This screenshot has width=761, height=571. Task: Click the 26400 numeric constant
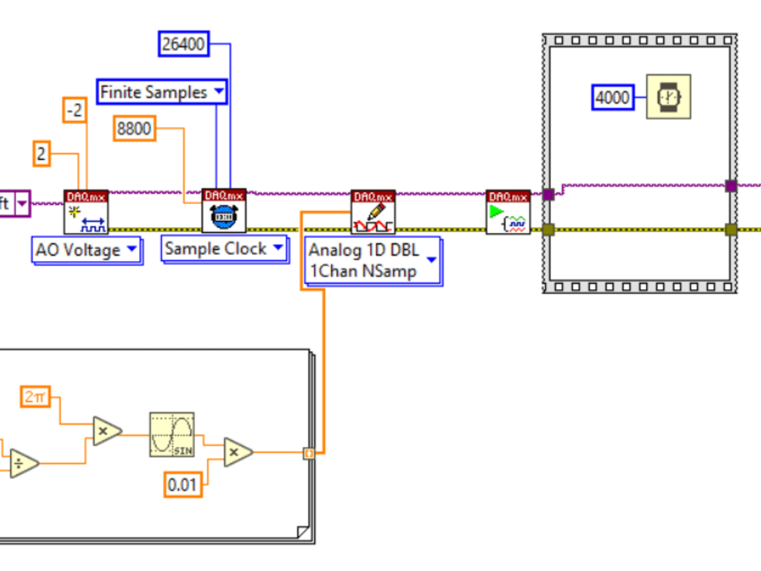183,44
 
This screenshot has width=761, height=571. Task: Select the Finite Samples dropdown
162,92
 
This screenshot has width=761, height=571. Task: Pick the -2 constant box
75,111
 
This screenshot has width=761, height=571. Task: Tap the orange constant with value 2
41,155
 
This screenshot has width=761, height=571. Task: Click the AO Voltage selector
86,250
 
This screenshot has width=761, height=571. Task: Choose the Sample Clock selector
224,249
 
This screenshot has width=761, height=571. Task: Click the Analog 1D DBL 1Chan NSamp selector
372,260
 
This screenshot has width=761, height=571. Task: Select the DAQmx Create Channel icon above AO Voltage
86,212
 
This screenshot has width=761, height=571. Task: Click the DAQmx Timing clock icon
224,211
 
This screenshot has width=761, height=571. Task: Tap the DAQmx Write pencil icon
373,212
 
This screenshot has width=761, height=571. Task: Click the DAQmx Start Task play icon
508,212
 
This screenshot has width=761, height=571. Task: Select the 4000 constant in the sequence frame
613,97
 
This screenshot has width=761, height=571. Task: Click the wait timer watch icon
668,97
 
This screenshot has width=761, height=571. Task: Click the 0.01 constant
183,484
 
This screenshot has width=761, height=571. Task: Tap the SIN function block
171,435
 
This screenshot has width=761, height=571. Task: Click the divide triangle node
23,462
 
